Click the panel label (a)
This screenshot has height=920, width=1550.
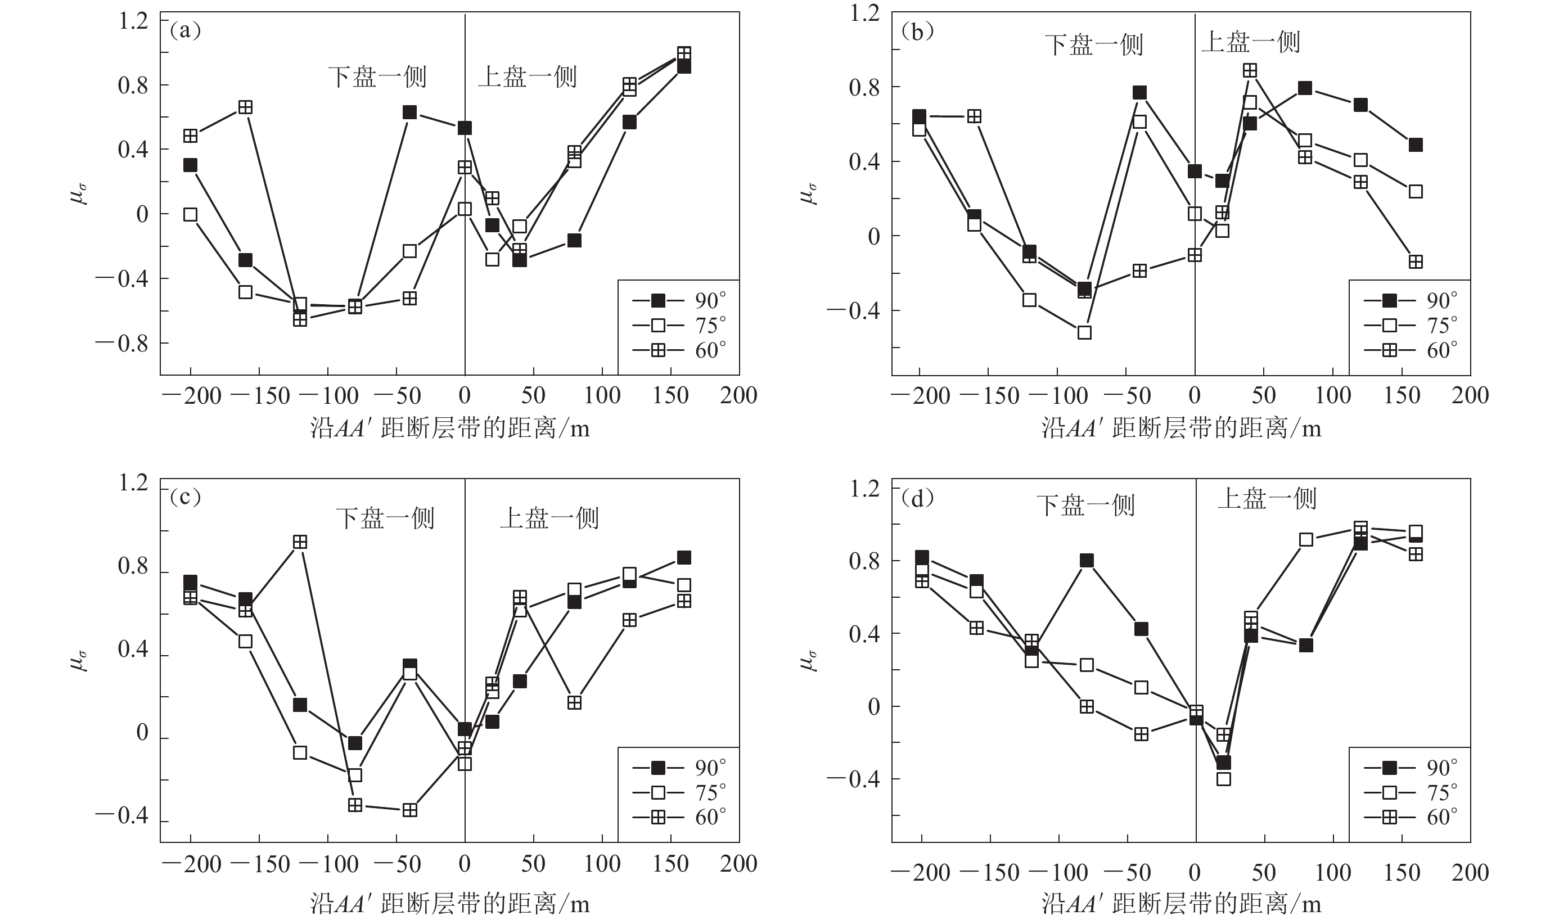(185, 31)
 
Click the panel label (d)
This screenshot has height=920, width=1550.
(917, 498)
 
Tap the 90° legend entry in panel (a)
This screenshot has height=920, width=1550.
(678, 301)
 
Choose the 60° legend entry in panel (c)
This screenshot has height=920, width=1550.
(678, 817)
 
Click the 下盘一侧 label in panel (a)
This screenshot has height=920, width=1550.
(377, 77)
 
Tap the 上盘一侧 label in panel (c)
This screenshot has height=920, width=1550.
(549, 518)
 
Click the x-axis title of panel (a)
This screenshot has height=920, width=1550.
(449, 429)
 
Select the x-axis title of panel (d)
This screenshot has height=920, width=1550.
(1181, 904)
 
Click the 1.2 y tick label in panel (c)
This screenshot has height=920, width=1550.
(133, 483)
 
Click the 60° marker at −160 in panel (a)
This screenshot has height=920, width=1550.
(246, 107)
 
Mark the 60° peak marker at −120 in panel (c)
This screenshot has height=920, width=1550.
(300, 542)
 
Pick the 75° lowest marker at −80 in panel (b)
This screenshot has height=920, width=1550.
(1084, 332)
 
